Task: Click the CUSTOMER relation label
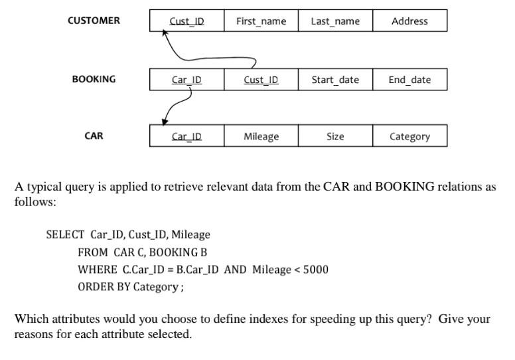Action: [94, 21]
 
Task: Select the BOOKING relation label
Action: [94, 79]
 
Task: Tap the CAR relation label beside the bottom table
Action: [94, 136]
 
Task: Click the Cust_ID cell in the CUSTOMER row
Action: [186, 21]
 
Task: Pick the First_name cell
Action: [261, 21]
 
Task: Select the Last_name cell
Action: [335, 21]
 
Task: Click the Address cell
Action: [409, 21]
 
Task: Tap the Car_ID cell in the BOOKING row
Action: [186, 80]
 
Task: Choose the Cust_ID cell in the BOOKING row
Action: [261, 80]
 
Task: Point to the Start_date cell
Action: [335, 80]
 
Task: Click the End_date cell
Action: [409, 80]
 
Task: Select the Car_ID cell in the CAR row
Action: [186, 136]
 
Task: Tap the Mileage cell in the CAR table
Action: [261, 136]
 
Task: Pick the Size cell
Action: [335, 136]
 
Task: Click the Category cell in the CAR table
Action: [409, 136]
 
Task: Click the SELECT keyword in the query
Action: [65, 234]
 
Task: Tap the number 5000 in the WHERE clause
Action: [316, 269]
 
